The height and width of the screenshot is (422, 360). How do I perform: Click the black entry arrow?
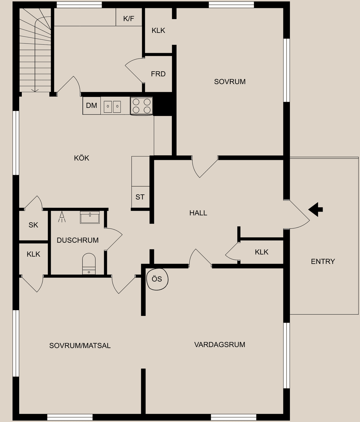(316, 209)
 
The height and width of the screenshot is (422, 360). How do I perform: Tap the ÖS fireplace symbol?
(157, 279)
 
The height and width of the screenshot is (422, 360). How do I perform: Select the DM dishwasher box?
(91, 106)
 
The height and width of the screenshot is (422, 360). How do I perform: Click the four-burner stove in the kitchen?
(142, 106)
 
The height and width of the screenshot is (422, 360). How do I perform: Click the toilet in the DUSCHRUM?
(89, 263)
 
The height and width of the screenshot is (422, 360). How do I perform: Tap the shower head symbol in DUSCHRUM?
(62, 217)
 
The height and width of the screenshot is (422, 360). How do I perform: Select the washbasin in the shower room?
(90, 218)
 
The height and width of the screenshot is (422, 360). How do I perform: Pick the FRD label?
(158, 74)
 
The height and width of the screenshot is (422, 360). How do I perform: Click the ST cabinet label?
(140, 197)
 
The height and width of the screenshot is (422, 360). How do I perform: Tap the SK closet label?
(33, 225)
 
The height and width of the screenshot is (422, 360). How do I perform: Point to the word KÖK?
(82, 158)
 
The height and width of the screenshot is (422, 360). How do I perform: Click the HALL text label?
(198, 213)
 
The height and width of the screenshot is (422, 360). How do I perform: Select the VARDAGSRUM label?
(220, 344)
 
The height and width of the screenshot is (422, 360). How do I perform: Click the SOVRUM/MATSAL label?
(80, 345)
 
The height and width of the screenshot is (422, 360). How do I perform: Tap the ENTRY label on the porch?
(323, 261)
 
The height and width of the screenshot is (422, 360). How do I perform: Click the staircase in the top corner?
(35, 51)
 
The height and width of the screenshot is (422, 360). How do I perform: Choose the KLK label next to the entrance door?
(262, 252)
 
